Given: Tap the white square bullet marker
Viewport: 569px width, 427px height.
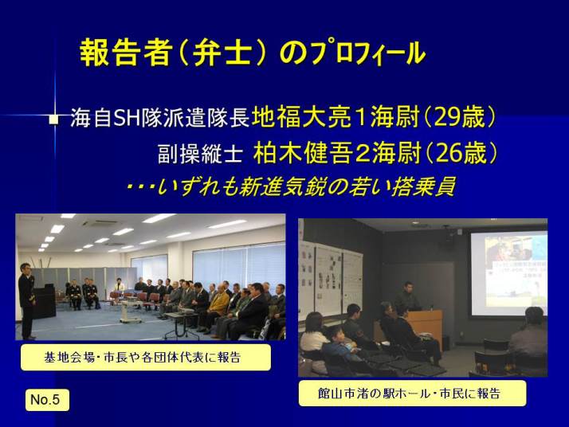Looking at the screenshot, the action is [53, 119].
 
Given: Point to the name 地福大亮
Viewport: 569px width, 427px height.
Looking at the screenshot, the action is [300, 118].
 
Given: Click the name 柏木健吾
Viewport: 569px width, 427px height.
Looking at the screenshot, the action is [302, 154].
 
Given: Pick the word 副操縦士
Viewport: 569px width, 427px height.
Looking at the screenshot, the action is [200, 154].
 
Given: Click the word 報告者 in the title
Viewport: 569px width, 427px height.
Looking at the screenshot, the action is [125, 53].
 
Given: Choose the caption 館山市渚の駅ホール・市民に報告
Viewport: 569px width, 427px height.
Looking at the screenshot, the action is [409, 394].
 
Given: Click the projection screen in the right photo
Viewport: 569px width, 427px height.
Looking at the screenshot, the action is [508, 274].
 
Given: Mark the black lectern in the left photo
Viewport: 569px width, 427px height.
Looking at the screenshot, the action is [45, 301].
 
